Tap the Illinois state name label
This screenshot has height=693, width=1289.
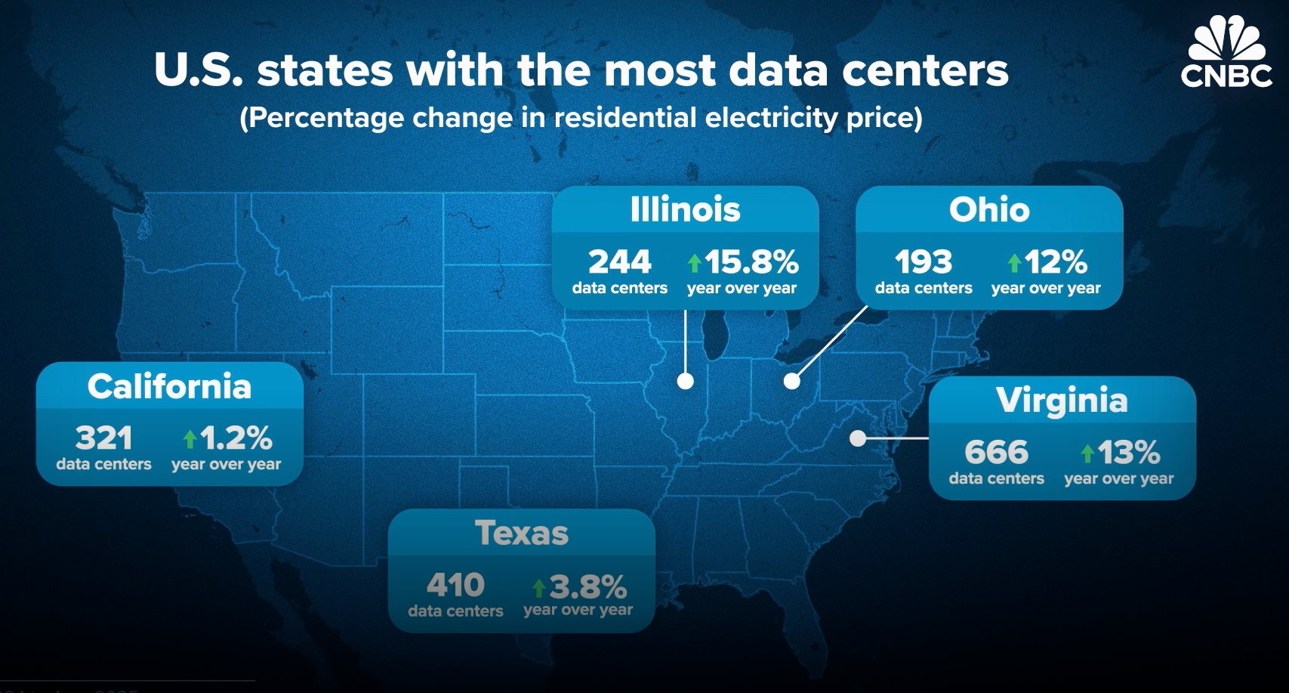685,209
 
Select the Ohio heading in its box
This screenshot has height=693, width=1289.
989,209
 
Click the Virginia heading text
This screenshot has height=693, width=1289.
1062,401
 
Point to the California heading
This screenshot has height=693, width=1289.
169,386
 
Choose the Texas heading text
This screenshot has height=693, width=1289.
522,534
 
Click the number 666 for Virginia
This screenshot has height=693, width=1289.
996,453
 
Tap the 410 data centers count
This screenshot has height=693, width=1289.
455,585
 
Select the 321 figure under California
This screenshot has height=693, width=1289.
103,438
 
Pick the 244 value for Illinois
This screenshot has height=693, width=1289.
619,262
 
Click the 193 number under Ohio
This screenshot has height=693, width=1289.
924,262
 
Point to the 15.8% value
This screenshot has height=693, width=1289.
751,262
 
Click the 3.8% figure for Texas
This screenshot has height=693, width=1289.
587,586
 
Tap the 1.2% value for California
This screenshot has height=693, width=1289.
236,438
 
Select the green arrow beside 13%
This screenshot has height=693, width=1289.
1087,453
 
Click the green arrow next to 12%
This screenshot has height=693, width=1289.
1014,263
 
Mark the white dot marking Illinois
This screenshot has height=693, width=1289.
686,381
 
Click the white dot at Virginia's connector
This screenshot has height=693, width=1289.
858,438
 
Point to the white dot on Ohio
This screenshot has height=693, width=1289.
791,381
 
